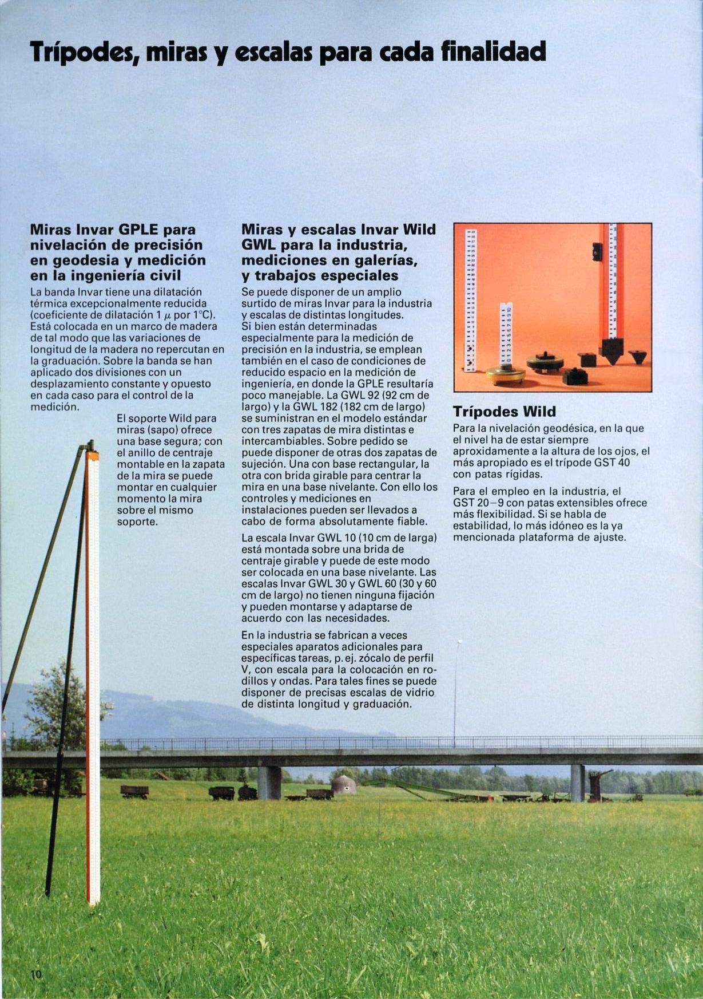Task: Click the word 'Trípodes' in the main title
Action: (81, 53)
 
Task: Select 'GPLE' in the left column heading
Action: (140, 230)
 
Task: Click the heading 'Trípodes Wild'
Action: (504, 412)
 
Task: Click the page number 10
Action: (37, 976)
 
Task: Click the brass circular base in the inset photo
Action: (506, 374)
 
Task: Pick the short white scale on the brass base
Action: (506, 335)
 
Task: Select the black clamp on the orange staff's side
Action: (597, 251)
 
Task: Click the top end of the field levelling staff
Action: (92, 452)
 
